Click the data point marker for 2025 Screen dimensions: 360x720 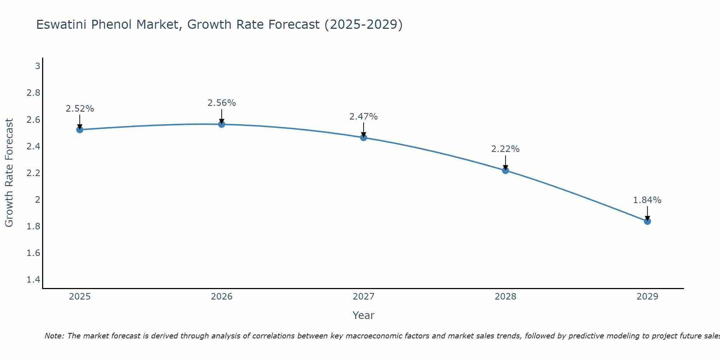click(80, 130)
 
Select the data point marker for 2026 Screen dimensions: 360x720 click(222, 124)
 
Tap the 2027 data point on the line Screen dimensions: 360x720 click(364, 138)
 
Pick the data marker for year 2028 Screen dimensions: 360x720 click(505, 171)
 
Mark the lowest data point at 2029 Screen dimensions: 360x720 click(647, 221)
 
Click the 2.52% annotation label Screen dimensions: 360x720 click(80, 109)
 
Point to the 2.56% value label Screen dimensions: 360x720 click(222, 103)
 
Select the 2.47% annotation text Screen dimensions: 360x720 click(364, 117)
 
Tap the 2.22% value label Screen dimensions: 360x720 click(505, 149)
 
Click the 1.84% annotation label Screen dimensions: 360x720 click(647, 200)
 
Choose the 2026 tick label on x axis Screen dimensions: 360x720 click(222, 297)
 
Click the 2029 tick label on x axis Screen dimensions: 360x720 click(647, 297)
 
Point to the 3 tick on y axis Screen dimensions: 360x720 click(37, 66)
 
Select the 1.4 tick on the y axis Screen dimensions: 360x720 click(33, 280)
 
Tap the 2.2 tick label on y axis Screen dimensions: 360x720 click(33, 173)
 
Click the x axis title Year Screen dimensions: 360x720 click(364, 315)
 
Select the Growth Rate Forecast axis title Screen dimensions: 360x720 click(9, 173)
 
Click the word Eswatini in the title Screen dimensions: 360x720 click(62, 25)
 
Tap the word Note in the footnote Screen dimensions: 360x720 click(54, 336)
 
